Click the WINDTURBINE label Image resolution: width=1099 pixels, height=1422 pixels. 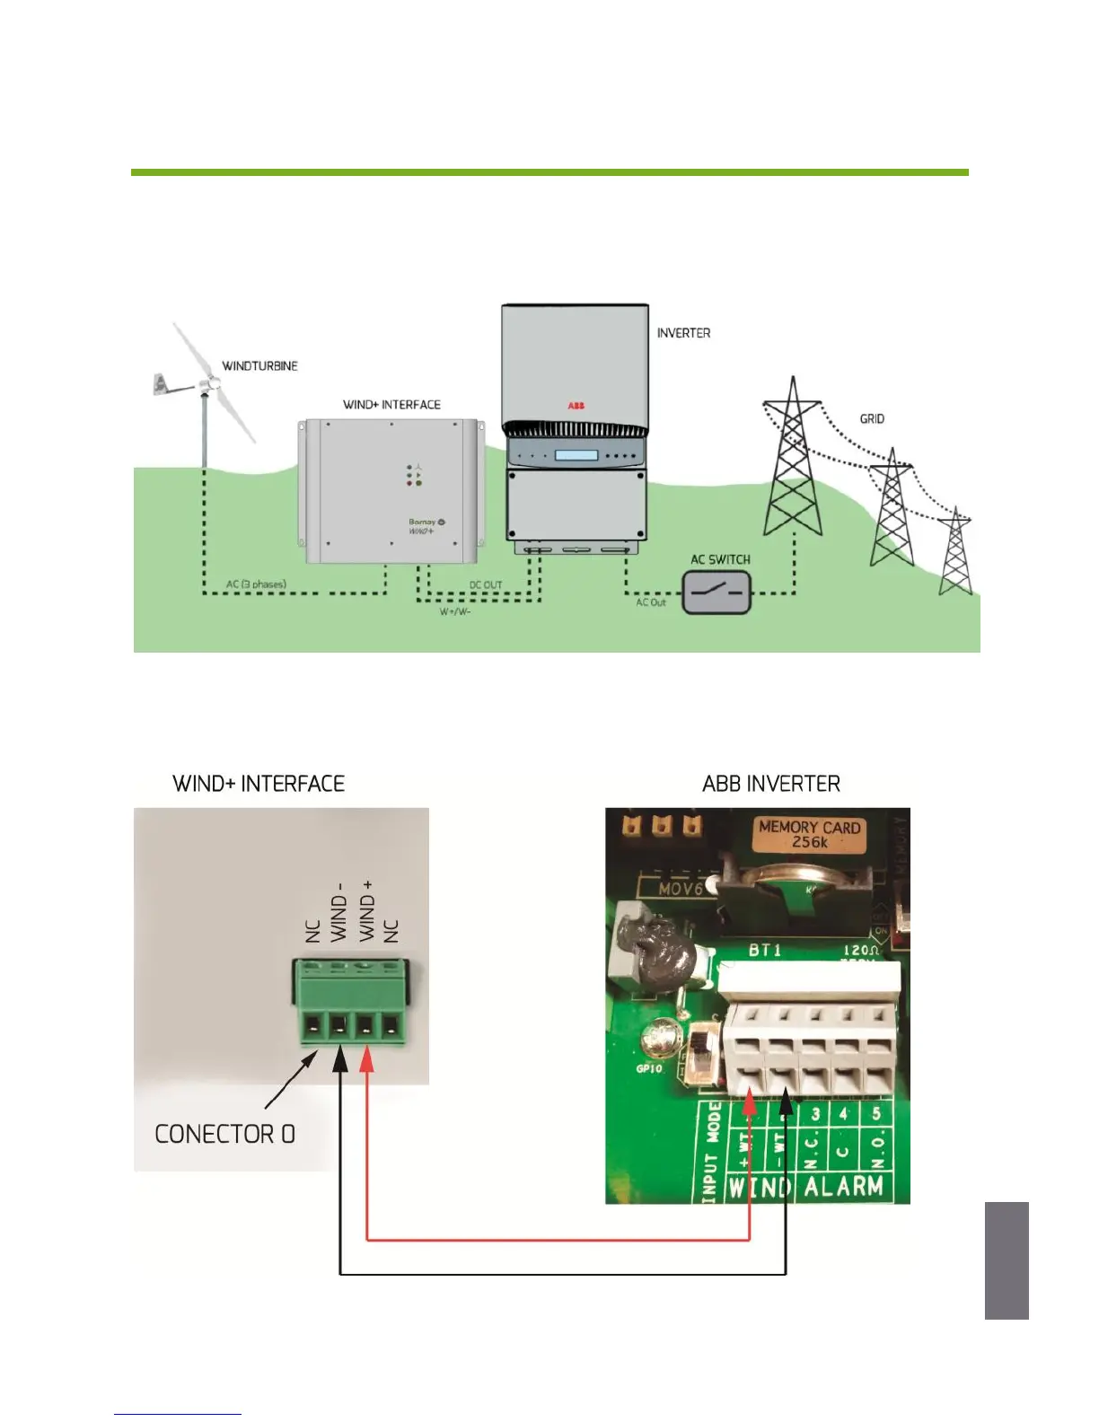tap(259, 366)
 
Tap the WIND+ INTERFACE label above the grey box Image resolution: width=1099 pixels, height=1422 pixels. tap(391, 405)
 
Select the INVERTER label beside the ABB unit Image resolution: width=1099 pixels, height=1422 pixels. tap(683, 333)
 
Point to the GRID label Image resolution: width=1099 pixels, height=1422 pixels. tap(872, 419)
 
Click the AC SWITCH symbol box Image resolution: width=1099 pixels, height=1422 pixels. tap(717, 593)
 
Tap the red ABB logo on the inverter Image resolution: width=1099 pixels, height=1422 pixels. tap(576, 406)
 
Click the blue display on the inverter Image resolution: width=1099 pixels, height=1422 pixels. tap(576, 455)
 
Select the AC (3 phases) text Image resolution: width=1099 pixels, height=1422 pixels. tap(256, 584)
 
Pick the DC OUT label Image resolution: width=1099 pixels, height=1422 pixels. tap(486, 585)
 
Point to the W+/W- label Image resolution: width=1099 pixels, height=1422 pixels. tap(454, 612)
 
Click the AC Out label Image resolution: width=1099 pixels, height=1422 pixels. tap(651, 602)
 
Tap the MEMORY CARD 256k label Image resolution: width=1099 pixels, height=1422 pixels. tap(809, 834)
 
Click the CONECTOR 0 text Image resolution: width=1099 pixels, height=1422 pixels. tap(224, 1134)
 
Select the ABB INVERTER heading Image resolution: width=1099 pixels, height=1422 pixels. tap(771, 784)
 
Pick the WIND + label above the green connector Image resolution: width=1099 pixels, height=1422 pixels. tap(366, 911)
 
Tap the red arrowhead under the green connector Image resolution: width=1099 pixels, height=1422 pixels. tap(366, 1062)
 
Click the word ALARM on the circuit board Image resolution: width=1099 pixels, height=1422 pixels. tap(843, 1187)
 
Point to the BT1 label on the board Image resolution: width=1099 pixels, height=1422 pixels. tap(765, 950)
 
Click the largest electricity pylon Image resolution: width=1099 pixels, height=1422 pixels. tap(792, 458)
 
